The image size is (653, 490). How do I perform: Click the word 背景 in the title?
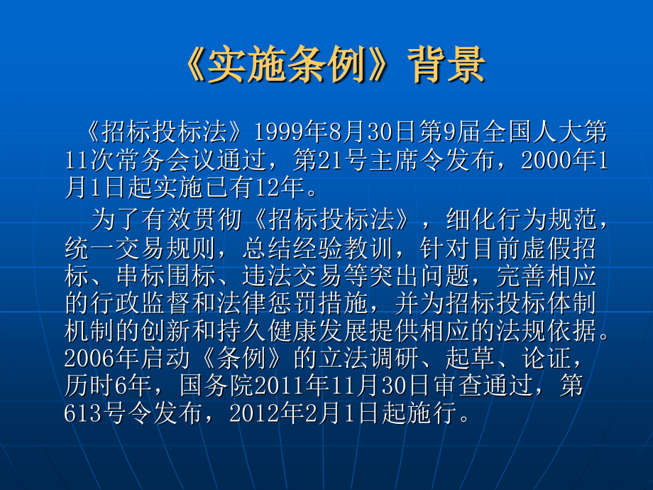[446, 65]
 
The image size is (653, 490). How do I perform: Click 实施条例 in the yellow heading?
[287, 65]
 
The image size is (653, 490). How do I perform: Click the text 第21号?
[324, 160]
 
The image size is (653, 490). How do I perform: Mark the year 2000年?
[559, 160]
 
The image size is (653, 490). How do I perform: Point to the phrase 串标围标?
[167, 276]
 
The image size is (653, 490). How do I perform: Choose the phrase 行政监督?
[141, 303]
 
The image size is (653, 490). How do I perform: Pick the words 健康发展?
[318, 331]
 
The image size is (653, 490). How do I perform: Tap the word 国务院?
[216, 386]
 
